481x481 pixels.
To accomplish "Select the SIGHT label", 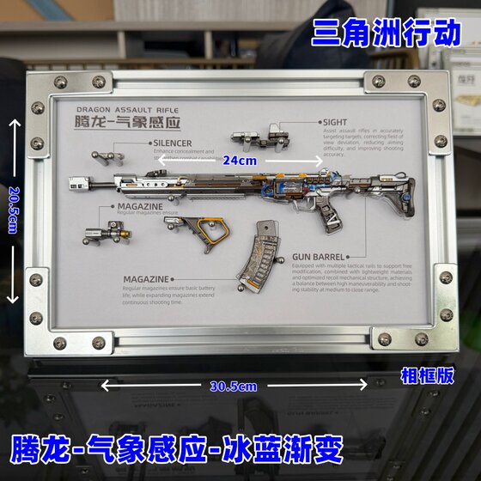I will (x=336, y=123).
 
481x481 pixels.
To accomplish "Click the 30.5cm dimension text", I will (x=234, y=386).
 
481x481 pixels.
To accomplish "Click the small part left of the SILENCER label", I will (x=107, y=157).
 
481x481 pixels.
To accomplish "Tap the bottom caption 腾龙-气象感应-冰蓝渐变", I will (x=177, y=448).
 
